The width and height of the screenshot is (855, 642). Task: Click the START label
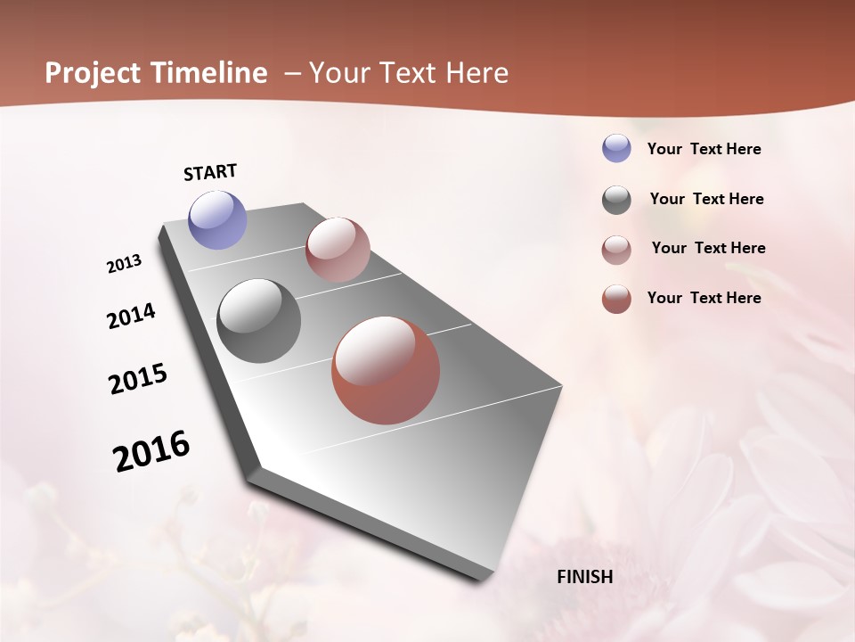click(210, 172)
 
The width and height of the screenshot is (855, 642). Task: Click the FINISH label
click(585, 577)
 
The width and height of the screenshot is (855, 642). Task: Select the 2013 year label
click(124, 264)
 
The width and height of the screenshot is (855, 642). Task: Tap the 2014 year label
click(131, 317)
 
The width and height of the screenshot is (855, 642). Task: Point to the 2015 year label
click(138, 379)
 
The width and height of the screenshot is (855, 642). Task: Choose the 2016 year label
click(151, 451)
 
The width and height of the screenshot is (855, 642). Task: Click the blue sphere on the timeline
click(218, 219)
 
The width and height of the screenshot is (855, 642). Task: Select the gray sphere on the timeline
click(259, 321)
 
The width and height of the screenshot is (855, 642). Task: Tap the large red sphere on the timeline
click(386, 370)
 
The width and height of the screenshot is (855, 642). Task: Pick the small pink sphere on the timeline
click(338, 250)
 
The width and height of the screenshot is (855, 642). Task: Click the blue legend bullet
click(616, 148)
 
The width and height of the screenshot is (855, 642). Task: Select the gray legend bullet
click(616, 200)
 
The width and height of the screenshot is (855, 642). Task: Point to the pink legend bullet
click(616, 250)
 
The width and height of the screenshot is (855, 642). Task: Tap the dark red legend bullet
click(616, 299)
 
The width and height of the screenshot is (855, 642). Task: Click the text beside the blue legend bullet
click(704, 149)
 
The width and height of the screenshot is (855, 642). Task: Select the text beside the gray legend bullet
click(706, 199)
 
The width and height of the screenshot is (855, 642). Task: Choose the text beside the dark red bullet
click(704, 298)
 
